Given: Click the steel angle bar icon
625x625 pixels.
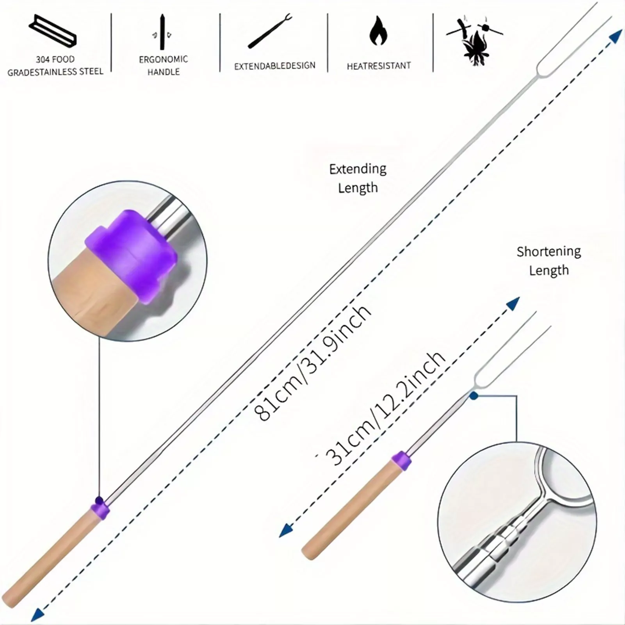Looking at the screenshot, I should (x=52, y=31).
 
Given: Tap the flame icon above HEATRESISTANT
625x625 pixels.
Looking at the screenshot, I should (x=378, y=31).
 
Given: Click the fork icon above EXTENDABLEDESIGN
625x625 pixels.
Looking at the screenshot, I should (x=270, y=31).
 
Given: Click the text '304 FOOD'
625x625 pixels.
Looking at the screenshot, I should (x=55, y=59).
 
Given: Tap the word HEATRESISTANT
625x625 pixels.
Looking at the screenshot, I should (x=379, y=66).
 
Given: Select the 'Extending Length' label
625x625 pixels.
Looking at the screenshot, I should (x=358, y=178).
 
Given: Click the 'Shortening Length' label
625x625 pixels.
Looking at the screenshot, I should (x=548, y=260).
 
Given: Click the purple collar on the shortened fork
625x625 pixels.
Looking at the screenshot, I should (x=401, y=461).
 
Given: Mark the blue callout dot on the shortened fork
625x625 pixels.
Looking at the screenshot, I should (x=474, y=396).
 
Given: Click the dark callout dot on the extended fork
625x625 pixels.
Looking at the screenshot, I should (x=99, y=500).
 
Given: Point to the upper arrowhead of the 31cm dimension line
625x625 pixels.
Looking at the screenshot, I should (x=513, y=303).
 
